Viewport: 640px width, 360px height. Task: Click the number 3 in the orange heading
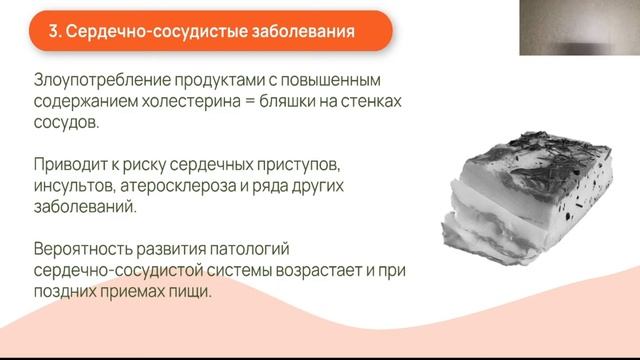tap(54, 34)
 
